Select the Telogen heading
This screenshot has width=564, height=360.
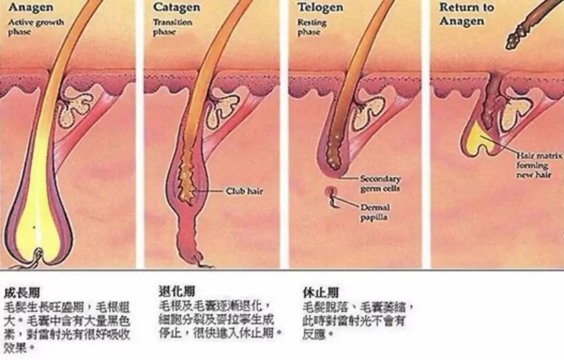coord(320,7)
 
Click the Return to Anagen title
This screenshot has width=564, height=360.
coord(466,14)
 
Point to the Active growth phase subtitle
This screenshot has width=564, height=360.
coord(36,27)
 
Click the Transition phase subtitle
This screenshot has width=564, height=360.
coord(172,27)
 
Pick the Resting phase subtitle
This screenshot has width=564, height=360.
coord(312,27)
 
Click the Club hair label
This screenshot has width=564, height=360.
coord(244,191)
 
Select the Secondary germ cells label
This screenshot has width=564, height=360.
coord(380,183)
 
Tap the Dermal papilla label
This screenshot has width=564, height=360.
coord(374,212)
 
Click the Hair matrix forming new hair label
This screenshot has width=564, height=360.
coord(538,165)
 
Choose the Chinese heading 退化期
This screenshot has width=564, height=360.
coord(177,291)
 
